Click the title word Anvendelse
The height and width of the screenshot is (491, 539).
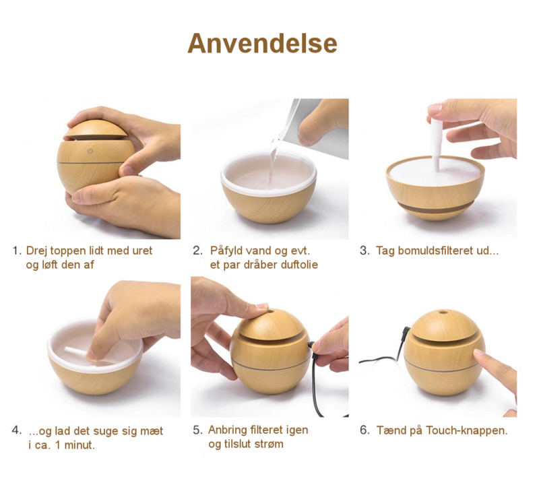click(x=262, y=44)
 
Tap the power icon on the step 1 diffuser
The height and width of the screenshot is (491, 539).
click(x=90, y=151)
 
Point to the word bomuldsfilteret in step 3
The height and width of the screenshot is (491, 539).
click(x=435, y=251)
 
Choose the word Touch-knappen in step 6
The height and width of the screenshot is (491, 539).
click(x=467, y=430)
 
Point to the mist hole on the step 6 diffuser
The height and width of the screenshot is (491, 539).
click(x=444, y=313)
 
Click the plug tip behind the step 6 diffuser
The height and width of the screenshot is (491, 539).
click(x=406, y=331)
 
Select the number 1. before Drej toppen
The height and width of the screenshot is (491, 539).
click(x=17, y=251)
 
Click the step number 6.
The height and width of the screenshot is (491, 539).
click(x=364, y=430)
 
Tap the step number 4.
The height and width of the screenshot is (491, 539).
click(x=16, y=430)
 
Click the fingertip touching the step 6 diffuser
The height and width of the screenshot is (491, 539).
click(x=479, y=354)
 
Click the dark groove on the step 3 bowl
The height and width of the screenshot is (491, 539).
click(x=435, y=208)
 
